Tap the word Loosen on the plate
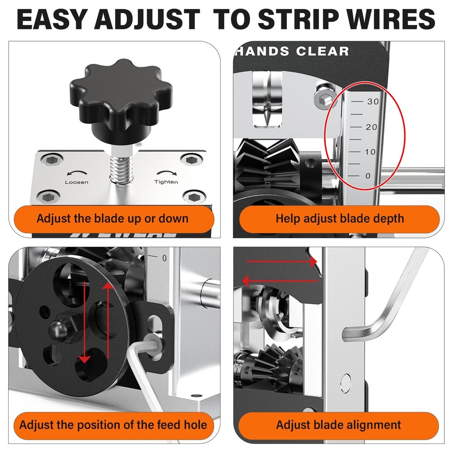click(x=77, y=182)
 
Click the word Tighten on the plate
click(x=166, y=182)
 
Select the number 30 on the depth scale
click(x=373, y=102)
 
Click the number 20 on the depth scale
click(x=371, y=127)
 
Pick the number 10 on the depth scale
click(x=371, y=152)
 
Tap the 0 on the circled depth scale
click(x=367, y=176)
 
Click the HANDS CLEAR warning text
click(x=292, y=51)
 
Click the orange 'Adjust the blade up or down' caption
click(x=112, y=219)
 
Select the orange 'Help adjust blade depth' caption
click(x=339, y=219)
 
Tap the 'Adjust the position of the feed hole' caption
click(x=113, y=425)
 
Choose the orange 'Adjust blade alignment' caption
click(x=338, y=425)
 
